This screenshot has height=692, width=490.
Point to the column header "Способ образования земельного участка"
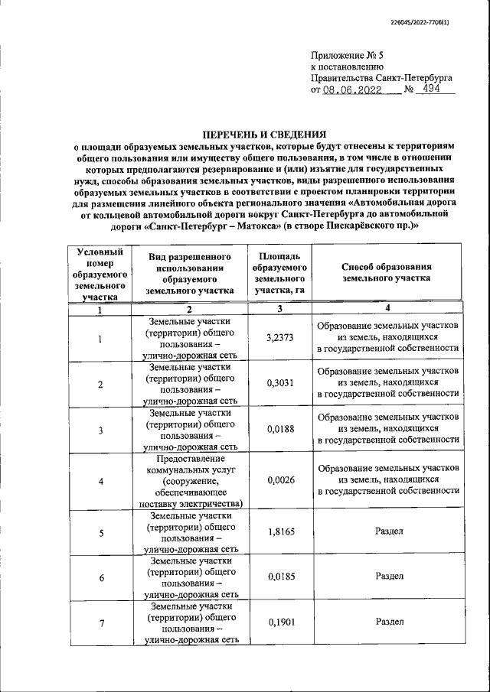point(388,272)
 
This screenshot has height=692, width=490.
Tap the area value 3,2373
point(279,336)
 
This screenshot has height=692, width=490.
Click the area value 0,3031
point(279,383)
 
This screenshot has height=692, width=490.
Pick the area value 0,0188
point(279,430)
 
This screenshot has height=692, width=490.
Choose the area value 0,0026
point(279,480)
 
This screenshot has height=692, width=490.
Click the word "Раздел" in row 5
point(389,531)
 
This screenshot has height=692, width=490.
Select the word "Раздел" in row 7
point(389,622)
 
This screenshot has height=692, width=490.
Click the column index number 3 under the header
point(279,308)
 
